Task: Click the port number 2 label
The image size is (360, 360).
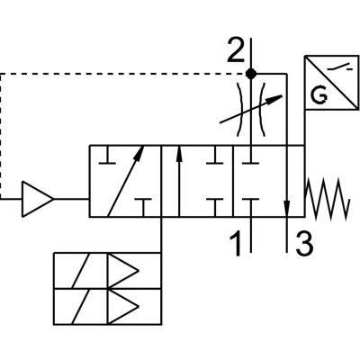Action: point(236,49)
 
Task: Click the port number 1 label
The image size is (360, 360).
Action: point(237,243)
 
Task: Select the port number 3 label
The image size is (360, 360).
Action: point(304,243)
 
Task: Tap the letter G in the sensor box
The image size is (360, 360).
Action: point(319,94)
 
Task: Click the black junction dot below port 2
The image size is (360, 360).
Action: point(251,74)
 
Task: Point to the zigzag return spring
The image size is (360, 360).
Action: point(327,199)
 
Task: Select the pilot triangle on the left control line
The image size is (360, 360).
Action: point(38,199)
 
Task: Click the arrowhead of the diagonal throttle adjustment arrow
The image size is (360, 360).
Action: point(275,99)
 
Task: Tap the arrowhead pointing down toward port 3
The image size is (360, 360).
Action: point(287,208)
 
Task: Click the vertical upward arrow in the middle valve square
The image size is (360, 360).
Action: point(179,181)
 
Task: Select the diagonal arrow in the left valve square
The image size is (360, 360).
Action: point(126,181)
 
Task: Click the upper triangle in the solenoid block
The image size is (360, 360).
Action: point(123,271)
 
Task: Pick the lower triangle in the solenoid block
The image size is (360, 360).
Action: point(123,307)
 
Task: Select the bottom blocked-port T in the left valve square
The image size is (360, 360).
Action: point(143,207)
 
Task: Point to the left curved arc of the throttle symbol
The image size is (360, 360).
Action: point(239,110)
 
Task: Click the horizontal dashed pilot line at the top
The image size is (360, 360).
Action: point(123,74)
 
